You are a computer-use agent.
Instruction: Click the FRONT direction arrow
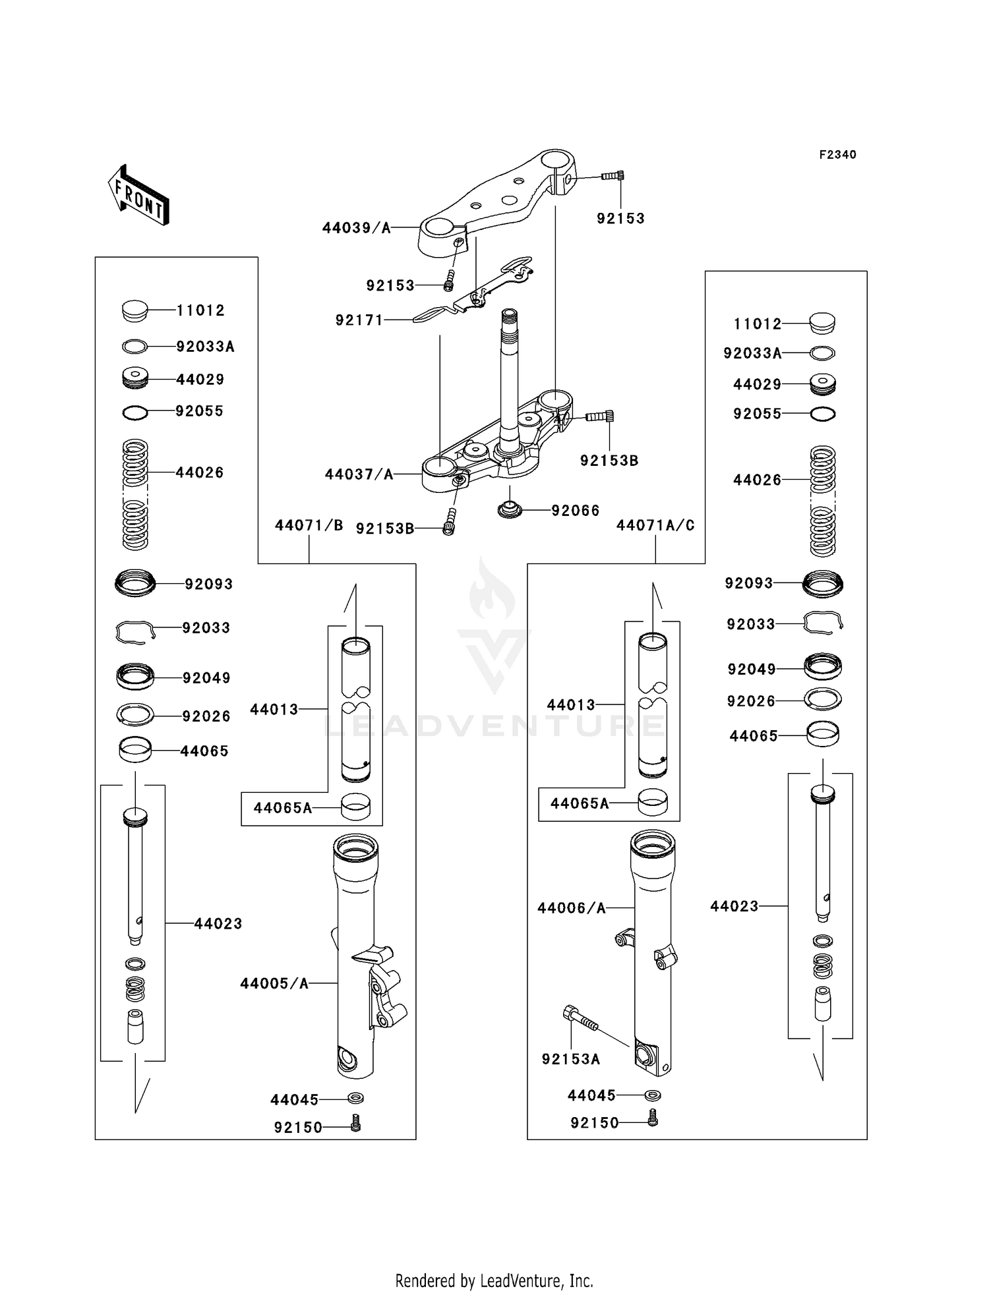[x=139, y=196]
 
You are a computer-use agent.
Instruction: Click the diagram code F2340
[x=837, y=155]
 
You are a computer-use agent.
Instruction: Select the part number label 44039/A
[x=356, y=228]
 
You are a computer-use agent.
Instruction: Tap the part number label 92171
[x=359, y=320]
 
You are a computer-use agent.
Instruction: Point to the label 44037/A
[x=359, y=474]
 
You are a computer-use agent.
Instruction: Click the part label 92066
[x=575, y=511]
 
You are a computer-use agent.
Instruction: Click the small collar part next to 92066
[x=510, y=510]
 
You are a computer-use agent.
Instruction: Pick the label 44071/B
[x=309, y=525]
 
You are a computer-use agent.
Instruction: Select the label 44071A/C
[x=655, y=525]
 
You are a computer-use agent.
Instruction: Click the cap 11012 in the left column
[x=136, y=310]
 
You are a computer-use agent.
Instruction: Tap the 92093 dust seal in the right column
[x=823, y=583]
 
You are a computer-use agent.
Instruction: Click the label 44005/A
[x=274, y=984]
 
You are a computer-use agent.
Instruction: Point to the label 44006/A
[x=571, y=908]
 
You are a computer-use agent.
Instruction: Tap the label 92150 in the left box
[x=298, y=1128]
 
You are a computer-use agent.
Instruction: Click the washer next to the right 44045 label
[x=653, y=1095]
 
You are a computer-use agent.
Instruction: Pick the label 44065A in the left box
[x=282, y=808]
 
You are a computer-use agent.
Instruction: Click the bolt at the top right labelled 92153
[x=613, y=176]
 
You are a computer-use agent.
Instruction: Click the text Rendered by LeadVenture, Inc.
[x=494, y=1280]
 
